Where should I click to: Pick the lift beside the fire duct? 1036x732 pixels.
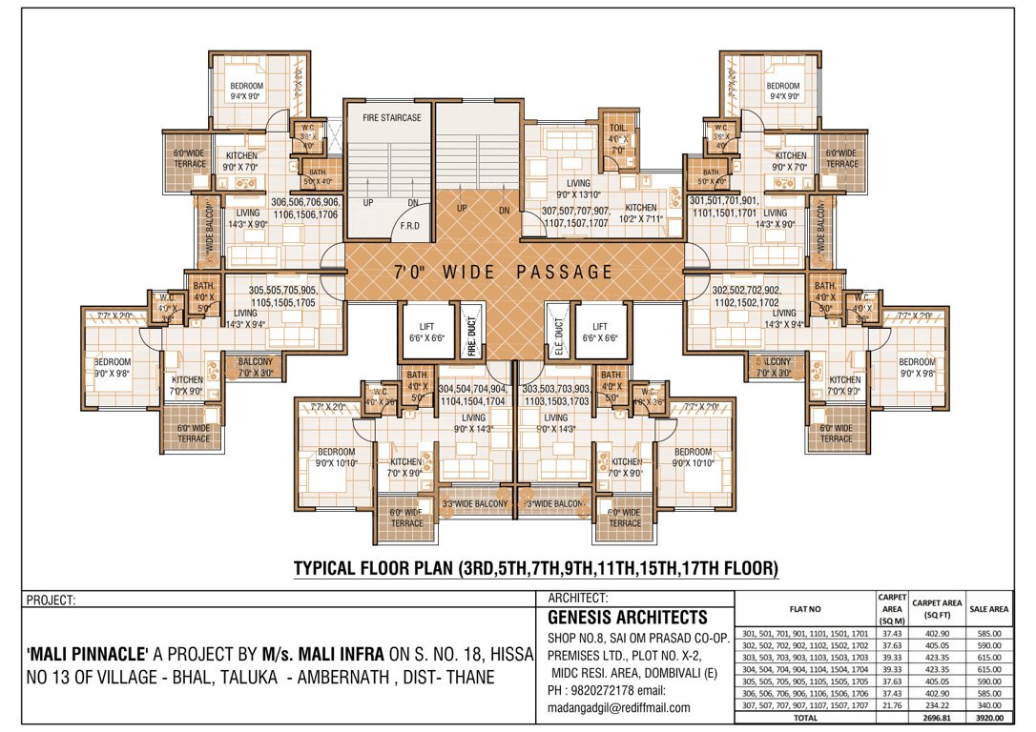pos(425,331)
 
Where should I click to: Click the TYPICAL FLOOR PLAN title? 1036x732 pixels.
pos(536,569)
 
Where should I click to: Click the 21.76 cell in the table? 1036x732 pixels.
pos(891,704)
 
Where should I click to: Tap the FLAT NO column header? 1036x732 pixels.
pos(805,607)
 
